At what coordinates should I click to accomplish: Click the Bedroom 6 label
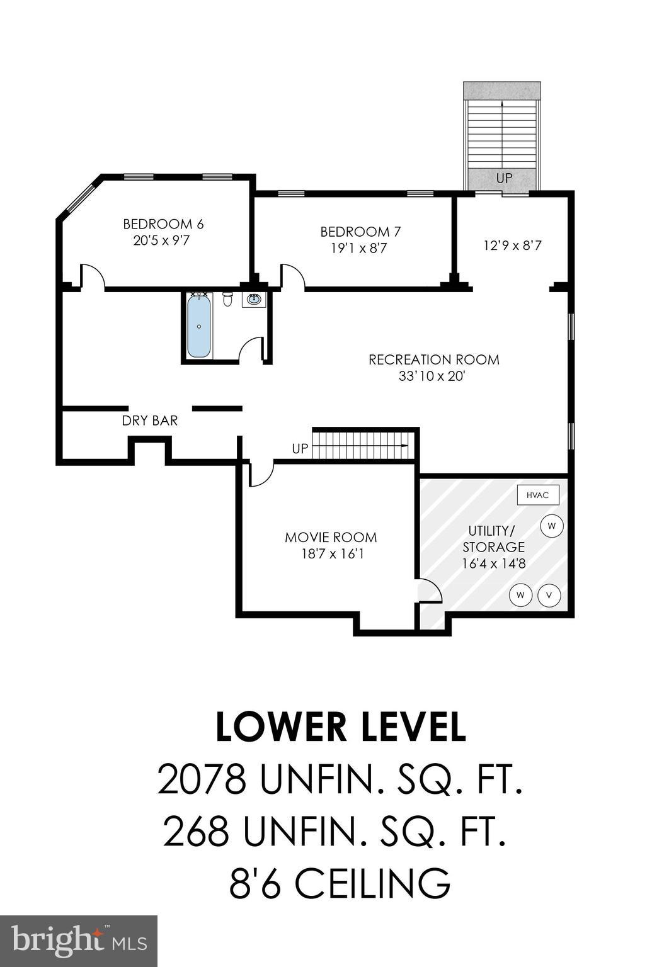click(163, 224)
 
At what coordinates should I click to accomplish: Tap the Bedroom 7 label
click(360, 232)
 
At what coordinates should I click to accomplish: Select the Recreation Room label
click(433, 359)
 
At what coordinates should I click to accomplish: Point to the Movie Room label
click(331, 537)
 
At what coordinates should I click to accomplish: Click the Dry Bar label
click(149, 421)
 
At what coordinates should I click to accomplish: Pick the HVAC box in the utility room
click(537, 495)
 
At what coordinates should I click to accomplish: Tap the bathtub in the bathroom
click(199, 325)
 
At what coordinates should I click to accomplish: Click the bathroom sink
click(254, 299)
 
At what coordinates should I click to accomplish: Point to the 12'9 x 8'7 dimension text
click(512, 246)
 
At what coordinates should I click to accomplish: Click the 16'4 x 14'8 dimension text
click(493, 563)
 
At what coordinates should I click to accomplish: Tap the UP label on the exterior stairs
click(504, 178)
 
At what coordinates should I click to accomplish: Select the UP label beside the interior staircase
click(300, 448)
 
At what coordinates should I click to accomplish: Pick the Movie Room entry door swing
click(261, 474)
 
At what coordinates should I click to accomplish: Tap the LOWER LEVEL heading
click(340, 727)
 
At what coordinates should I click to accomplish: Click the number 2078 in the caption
click(201, 779)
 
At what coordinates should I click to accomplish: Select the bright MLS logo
click(78, 941)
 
